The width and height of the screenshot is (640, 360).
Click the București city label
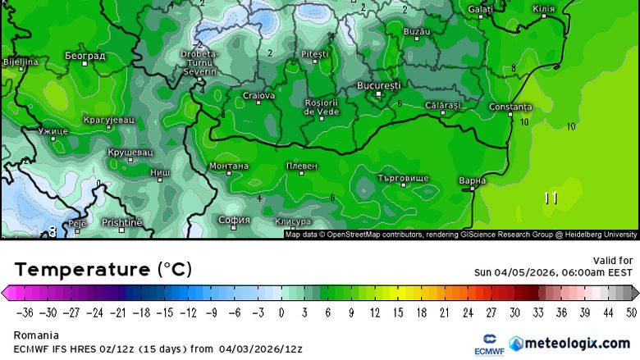[x=379, y=85]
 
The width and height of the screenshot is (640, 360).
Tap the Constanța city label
[x=510, y=107]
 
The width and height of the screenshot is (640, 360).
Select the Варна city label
[x=473, y=180]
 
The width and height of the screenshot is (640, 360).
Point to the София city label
[x=234, y=220]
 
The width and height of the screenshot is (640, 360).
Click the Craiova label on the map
[x=258, y=96]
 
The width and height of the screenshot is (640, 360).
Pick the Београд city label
[x=85, y=56]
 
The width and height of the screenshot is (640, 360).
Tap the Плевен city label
[x=301, y=166]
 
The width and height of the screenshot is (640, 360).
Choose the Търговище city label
[x=403, y=178]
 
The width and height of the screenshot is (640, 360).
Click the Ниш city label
[x=161, y=173]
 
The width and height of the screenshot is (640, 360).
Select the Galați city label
[x=480, y=9]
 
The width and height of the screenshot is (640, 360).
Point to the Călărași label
[x=443, y=105]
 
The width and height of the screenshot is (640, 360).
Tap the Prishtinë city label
[x=122, y=222]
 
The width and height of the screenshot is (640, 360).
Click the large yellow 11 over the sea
[x=551, y=198]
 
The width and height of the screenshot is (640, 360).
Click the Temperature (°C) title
[x=103, y=269]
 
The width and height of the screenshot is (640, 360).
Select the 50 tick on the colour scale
[x=630, y=312]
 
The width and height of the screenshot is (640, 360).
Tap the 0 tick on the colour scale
[x=281, y=312]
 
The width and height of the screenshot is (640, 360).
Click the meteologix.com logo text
[x=578, y=343]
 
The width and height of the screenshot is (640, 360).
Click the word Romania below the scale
[x=36, y=335]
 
